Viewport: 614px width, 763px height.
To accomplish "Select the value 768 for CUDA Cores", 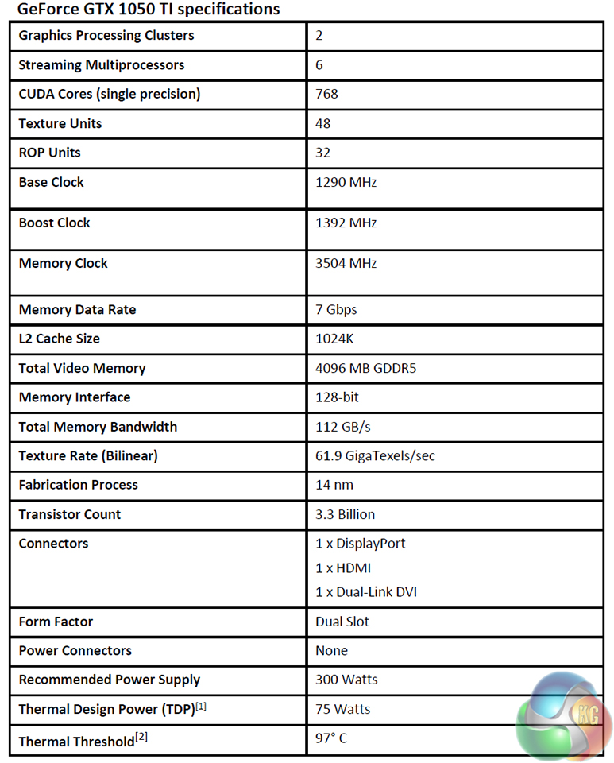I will pyautogui.click(x=326, y=94).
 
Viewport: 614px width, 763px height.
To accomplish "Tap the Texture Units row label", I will pyautogui.click(x=60, y=123).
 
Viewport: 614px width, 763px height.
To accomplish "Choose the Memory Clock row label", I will pyautogui.click(x=63, y=263).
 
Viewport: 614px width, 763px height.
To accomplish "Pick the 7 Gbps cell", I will pyautogui.click(x=337, y=309).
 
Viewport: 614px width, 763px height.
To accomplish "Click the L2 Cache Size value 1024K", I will pyautogui.click(x=334, y=339).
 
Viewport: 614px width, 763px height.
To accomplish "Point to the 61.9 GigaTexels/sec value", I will pyautogui.click(x=375, y=455).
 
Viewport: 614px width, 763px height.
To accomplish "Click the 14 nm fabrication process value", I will pyautogui.click(x=334, y=485).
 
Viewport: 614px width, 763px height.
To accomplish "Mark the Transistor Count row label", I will pyautogui.click(x=70, y=514).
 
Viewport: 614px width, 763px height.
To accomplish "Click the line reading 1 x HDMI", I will pyautogui.click(x=343, y=567).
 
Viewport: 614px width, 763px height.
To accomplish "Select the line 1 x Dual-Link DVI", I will pyautogui.click(x=366, y=591).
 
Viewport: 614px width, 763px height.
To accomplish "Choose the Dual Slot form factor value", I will pyautogui.click(x=342, y=621).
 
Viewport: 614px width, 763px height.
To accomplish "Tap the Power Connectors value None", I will pyautogui.click(x=331, y=650).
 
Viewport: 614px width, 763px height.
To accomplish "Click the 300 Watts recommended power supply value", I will pyautogui.click(x=346, y=680).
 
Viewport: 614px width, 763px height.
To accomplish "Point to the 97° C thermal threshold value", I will pyautogui.click(x=331, y=738).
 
